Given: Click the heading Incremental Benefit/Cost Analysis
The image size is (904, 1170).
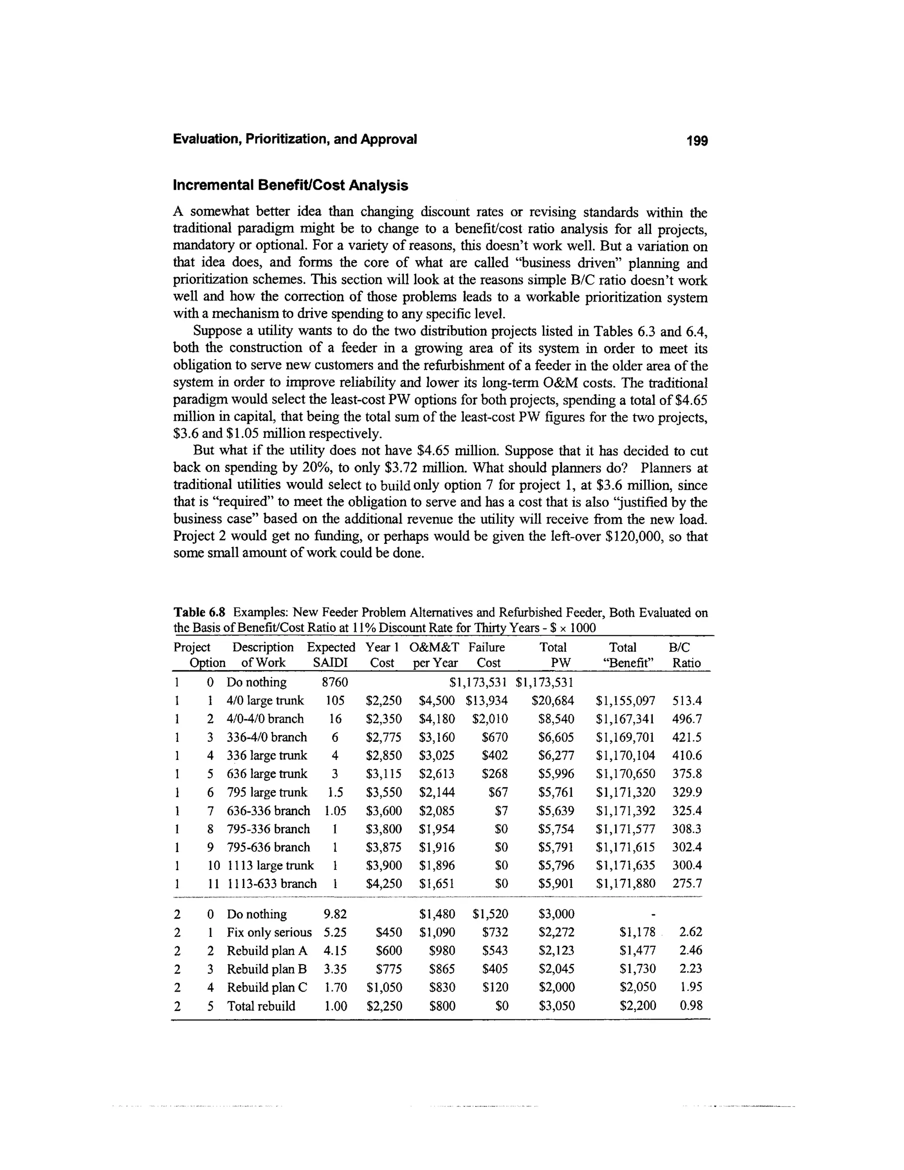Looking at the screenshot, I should coord(290,185).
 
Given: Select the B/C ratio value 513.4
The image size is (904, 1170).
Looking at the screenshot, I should coord(686,701).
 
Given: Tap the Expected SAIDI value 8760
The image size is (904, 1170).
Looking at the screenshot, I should coord(334,683).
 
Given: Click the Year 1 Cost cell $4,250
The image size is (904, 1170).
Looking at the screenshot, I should coord(384,883).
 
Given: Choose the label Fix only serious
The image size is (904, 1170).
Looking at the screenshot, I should coord(269,932).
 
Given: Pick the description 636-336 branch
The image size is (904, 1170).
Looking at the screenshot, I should coord(268,811).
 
